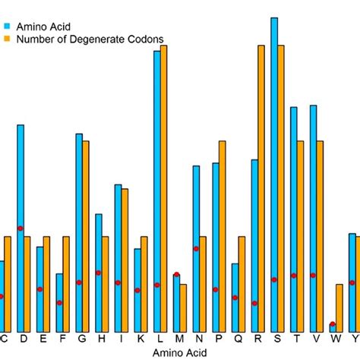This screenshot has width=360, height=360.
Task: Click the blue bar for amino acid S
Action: tap(274, 175)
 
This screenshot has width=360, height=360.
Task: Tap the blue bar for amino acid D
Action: tap(21, 228)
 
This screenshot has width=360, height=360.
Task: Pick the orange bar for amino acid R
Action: tap(261, 190)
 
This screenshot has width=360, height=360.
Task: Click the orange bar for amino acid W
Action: tap(339, 308)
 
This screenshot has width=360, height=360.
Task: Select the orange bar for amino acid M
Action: tap(183, 308)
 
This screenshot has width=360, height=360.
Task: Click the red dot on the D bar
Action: tap(21, 229)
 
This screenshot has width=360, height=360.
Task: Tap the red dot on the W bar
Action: tap(333, 325)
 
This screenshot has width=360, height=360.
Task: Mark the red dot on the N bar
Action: tap(196, 248)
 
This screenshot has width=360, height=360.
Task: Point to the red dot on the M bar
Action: tap(176, 275)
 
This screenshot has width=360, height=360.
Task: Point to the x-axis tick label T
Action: tap(297, 339)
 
